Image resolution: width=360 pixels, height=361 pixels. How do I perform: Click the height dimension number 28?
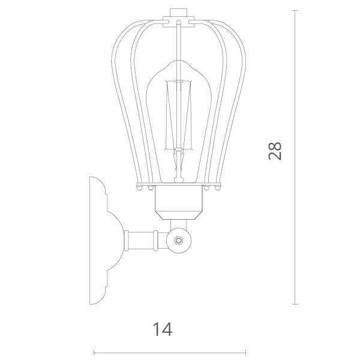click(275, 151)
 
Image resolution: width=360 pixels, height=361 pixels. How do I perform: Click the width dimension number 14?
click(163, 329)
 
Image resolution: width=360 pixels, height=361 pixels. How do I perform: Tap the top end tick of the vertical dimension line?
click(295, 11)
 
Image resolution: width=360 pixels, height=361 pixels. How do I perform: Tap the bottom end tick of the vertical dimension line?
click(295, 305)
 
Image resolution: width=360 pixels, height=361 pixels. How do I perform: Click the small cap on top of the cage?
click(179, 13)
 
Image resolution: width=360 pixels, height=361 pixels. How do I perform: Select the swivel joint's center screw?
click(179, 241)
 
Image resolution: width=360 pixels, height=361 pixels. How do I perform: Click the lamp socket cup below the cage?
click(179, 202)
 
